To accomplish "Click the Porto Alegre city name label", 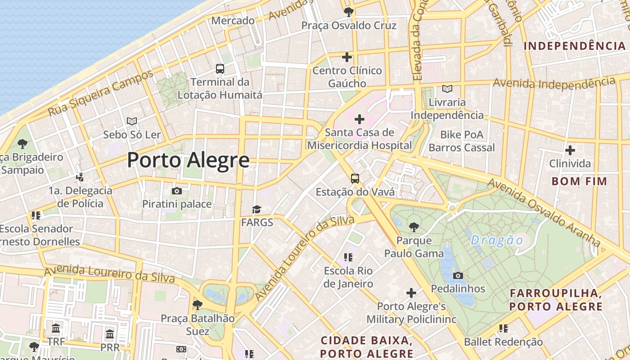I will (x=188, y=160).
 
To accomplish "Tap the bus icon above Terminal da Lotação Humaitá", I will (x=220, y=68).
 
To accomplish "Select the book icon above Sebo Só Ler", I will (x=132, y=121).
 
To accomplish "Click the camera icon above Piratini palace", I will (x=177, y=191).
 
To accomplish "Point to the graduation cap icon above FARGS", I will (x=256, y=209).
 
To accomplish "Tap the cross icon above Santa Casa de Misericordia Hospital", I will (x=359, y=119).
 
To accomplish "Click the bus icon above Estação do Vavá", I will (x=355, y=179).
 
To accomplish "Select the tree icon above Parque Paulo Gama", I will (x=414, y=227).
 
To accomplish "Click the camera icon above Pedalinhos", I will (x=458, y=275).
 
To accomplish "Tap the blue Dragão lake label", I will (x=497, y=240).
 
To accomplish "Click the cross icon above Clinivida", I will (x=570, y=150).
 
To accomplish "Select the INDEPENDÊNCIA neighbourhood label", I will (x=575, y=46).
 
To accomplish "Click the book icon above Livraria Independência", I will (x=447, y=89).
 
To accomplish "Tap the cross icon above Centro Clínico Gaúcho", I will (x=347, y=57).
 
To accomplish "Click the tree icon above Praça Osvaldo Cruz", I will (x=348, y=12).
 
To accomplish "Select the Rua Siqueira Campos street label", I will (x=101, y=93).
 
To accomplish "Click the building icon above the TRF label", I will (x=56, y=328).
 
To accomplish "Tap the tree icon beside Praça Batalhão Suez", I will (x=197, y=305).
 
